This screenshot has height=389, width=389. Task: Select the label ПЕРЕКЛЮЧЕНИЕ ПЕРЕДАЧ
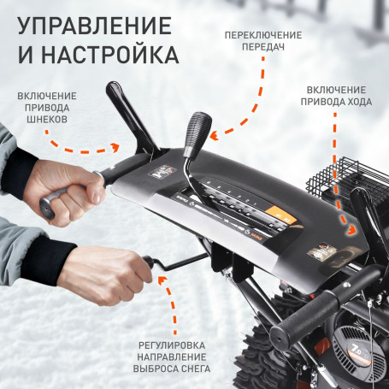[262, 42]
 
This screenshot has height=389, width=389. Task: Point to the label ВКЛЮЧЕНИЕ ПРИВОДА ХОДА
[337, 95]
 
